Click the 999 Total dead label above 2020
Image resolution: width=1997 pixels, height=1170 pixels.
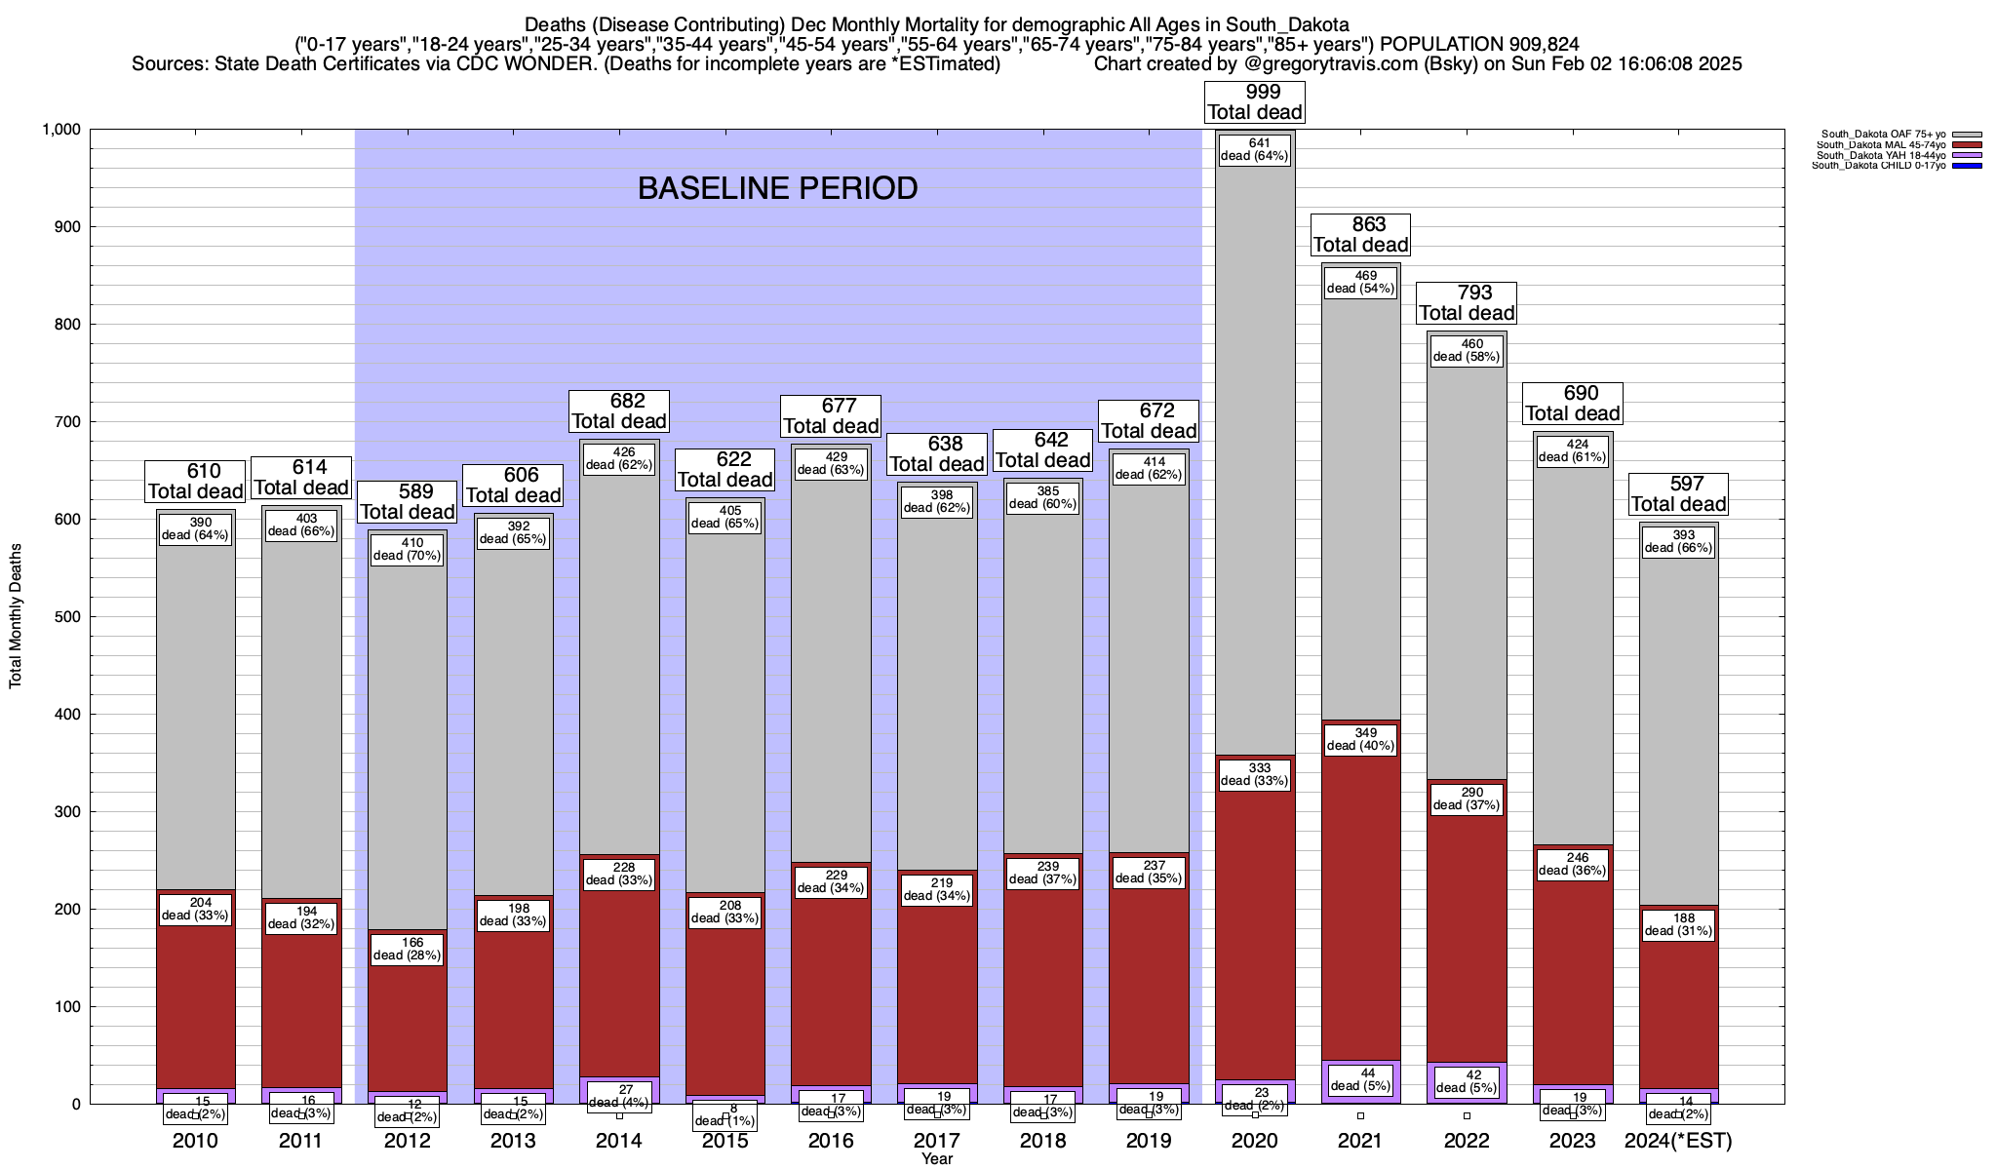pyautogui.click(x=1254, y=102)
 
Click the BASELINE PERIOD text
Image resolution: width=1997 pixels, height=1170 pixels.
pyautogui.click(x=777, y=188)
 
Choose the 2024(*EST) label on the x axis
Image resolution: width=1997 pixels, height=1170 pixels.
pyautogui.click(x=1678, y=1141)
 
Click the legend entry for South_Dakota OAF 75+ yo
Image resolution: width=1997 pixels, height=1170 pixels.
pyautogui.click(x=1882, y=135)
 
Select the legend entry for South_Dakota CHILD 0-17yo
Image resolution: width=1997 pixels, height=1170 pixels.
pyautogui.click(x=1883, y=166)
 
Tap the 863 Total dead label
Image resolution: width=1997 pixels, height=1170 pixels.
pyautogui.click(x=1360, y=235)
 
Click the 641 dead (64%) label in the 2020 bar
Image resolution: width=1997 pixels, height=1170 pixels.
pyautogui.click(x=1254, y=149)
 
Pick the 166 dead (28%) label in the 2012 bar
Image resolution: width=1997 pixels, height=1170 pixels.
pyautogui.click(x=409, y=949)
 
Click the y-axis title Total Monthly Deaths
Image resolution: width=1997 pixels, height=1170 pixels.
pyautogui.click(x=16, y=616)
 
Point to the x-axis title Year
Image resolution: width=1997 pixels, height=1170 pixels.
pyautogui.click(x=937, y=1159)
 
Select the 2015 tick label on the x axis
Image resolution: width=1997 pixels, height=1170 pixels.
pyautogui.click(x=725, y=1141)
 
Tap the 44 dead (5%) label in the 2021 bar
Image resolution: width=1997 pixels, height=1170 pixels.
pyautogui.click(x=1360, y=1079)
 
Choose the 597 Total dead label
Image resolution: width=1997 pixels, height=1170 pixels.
pyautogui.click(x=1678, y=494)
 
